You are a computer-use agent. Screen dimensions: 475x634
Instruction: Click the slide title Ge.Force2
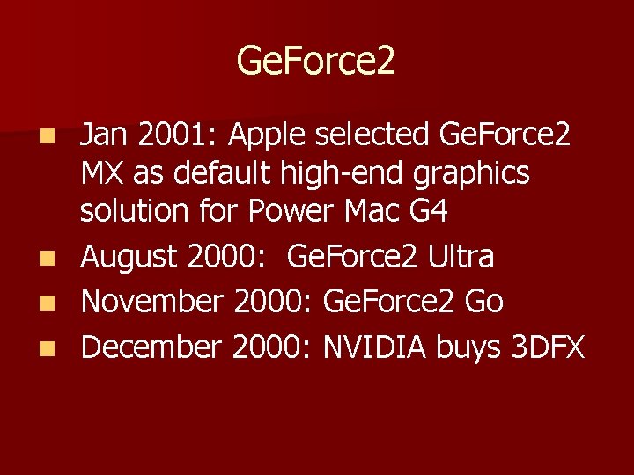pos(316,61)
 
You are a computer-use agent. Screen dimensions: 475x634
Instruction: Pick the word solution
pos(135,212)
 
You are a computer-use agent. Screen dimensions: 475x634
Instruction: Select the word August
pos(129,257)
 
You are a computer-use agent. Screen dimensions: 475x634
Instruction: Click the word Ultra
pos(461,257)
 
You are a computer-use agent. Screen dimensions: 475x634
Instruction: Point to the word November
pos(153,302)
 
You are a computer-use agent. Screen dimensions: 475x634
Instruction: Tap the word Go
pos(483,302)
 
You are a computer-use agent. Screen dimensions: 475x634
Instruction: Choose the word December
pos(151,347)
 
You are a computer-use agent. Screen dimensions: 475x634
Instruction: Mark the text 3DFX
pos(548,347)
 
